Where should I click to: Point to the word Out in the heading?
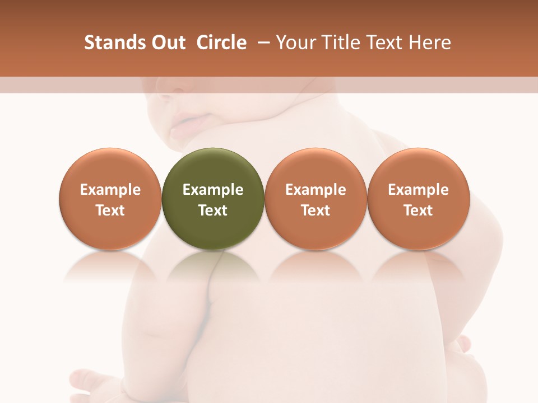point(168,43)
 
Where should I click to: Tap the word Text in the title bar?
point(384,43)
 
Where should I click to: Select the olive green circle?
point(212,199)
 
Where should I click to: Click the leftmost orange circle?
point(110,199)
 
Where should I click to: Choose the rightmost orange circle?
point(418,199)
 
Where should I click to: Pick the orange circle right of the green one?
point(316,199)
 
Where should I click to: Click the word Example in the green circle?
point(212,190)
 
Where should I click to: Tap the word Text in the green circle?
point(212,210)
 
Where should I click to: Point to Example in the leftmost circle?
point(110,190)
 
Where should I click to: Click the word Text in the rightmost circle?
point(418,210)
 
